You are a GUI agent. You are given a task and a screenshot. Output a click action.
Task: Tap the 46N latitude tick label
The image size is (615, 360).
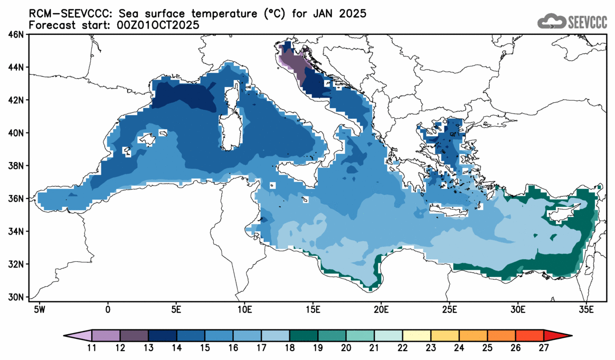(x=18, y=35)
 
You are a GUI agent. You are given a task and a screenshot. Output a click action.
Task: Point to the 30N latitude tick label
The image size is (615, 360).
(x=18, y=297)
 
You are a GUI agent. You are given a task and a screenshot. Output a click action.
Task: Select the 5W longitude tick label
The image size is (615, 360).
(x=39, y=308)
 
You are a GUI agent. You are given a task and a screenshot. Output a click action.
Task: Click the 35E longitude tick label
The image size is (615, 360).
(x=586, y=308)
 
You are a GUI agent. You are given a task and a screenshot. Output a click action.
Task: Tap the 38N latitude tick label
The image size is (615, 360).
(x=18, y=166)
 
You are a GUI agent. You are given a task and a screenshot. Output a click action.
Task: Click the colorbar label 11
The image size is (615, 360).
(x=92, y=348)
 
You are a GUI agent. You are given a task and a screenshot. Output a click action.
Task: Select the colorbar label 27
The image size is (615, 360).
(x=544, y=348)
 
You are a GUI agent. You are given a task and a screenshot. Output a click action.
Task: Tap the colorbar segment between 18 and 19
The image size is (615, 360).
(x=304, y=336)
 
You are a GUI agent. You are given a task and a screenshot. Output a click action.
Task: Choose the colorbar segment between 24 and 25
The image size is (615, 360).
(x=473, y=336)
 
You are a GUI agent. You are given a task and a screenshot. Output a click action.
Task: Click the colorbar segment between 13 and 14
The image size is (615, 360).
(x=163, y=336)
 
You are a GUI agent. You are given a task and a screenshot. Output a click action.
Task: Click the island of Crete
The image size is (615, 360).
(x=448, y=212)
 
